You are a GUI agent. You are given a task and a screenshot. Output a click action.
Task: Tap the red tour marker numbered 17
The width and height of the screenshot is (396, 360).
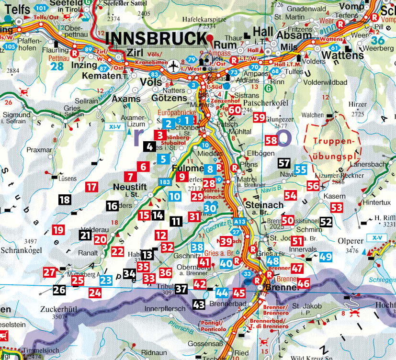pos(91,187)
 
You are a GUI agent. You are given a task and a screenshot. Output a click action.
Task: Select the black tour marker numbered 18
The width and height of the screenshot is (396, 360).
pos(64,200)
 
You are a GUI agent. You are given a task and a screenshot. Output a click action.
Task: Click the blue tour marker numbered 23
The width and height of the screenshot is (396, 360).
pos(106,281)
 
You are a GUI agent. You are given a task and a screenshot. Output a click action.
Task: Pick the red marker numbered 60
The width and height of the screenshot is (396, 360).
pos(234,110)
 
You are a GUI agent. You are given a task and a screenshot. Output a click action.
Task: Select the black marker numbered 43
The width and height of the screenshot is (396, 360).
pos(199,304)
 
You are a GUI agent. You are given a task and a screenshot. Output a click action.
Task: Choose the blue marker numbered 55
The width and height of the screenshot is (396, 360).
pos(301,169)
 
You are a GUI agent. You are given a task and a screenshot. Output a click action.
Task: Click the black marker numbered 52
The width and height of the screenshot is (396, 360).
pos(326,222)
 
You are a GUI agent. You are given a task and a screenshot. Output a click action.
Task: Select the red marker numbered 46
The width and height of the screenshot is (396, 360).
pos(303,283)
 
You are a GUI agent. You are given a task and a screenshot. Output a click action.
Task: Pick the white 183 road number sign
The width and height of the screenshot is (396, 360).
pos(165,182)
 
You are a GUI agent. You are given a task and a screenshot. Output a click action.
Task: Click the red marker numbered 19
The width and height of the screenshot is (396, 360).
pos(58,230)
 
